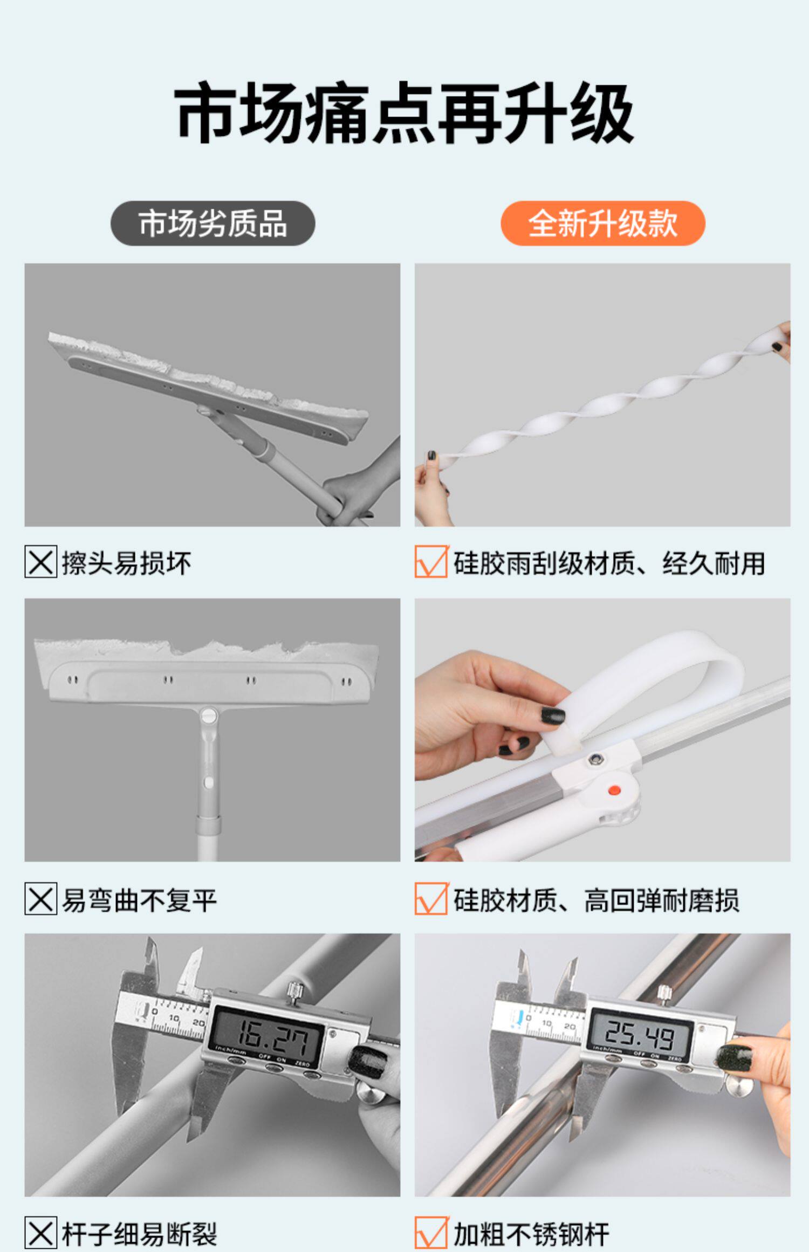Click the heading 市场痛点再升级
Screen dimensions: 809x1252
404,114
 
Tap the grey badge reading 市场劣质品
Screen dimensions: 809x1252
212,223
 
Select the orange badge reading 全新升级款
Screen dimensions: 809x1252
603,223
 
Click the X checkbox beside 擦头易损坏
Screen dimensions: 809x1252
40,562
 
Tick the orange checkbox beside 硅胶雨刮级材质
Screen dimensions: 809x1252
431,562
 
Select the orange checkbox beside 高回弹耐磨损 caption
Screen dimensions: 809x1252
431,898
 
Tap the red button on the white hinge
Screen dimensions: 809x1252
613,790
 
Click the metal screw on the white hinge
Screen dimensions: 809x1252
595,759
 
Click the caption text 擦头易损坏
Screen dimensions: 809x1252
127,563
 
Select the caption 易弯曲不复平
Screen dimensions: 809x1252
139,899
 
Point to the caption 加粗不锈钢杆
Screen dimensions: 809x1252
531,1234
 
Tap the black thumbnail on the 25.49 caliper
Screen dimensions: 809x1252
733,1058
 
